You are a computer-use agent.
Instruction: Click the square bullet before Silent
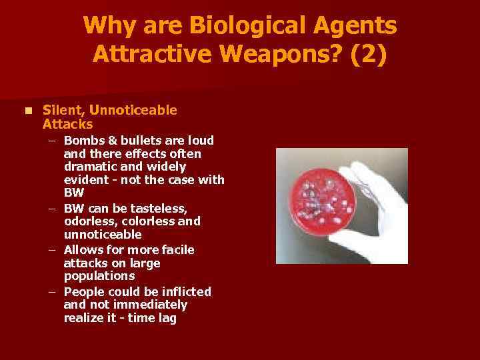[x=27, y=110]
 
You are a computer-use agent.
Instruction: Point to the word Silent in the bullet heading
[x=60, y=110]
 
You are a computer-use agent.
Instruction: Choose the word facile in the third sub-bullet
[x=177, y=249]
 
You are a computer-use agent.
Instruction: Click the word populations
[x=99, y=276]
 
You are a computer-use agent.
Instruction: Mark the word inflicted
[x=185, y=291]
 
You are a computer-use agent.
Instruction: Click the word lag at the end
[x=166, y=318]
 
